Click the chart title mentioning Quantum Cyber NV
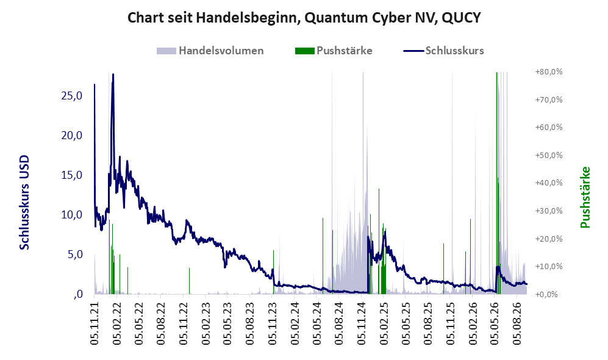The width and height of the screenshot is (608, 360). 304,18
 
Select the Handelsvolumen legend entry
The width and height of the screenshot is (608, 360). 210,51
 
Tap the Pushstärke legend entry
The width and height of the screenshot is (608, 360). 334,51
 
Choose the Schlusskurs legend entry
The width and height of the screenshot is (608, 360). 443,51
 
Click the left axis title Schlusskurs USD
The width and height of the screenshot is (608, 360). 24,203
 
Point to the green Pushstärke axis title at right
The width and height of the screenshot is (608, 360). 585,198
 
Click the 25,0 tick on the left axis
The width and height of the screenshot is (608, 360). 72,95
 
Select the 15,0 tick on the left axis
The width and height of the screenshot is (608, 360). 72,175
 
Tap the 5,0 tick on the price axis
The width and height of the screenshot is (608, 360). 75,254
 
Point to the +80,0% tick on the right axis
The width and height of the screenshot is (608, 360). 549,72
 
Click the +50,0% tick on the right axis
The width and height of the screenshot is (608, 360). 549,155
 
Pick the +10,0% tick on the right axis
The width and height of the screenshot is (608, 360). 549,267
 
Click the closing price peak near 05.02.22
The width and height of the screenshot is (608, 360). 113,74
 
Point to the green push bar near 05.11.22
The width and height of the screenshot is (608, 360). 190,281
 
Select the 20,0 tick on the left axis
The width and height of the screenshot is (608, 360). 72,135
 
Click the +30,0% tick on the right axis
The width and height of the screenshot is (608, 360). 549,211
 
